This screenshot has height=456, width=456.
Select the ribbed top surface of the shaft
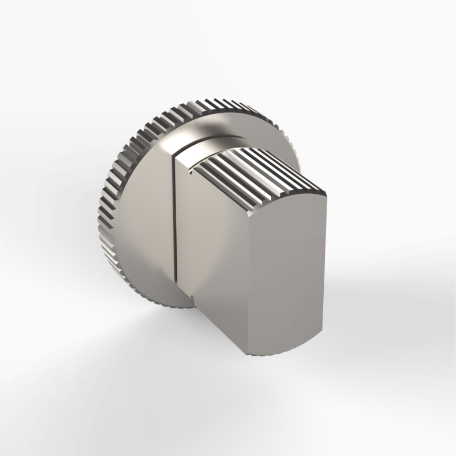256,171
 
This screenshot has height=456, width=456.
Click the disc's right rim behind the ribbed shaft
291,148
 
